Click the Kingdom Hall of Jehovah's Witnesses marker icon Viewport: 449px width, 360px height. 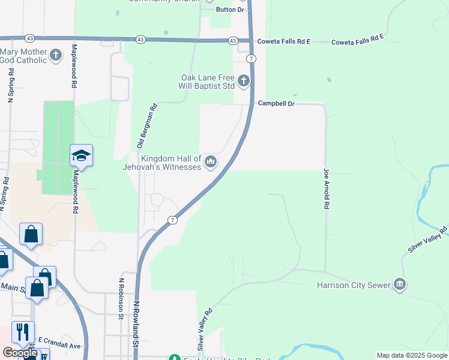pos(211,161)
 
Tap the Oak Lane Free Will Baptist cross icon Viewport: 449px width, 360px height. pos(243,80)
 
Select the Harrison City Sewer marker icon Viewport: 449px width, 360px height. pos(400,285)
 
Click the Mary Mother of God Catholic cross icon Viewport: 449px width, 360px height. pos(56,56)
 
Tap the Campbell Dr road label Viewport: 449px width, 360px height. pos(276,103)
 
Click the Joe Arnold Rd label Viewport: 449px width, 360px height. pos(327,188)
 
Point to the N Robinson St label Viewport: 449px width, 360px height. pos(121,298)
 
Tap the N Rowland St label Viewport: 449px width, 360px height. pos(136,325)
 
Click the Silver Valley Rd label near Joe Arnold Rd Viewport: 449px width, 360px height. pos(427,240)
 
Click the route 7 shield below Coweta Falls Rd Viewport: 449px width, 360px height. pos(251,58)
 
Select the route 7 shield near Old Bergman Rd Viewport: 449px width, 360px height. pos(173,220)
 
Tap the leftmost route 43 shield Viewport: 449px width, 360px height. pos(140,39)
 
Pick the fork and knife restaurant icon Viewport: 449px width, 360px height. pos(23,332)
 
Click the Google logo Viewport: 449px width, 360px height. pos(20,353)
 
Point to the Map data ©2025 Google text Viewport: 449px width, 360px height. pos(411,355)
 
